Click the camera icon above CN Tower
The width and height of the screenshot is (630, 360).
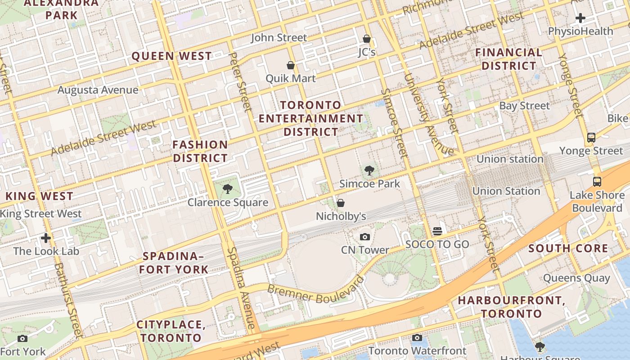coord(365,237)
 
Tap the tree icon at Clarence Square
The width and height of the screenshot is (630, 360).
coord(228,189)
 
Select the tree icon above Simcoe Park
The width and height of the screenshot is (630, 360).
coord(369,171)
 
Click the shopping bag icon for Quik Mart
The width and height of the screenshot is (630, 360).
coord(291,65)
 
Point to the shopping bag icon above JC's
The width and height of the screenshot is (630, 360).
coord(367,39)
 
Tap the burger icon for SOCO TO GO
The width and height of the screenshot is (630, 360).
coord(437,231)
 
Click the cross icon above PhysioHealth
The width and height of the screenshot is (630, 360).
coord(580,18)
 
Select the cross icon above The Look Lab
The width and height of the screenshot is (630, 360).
coord(46,238)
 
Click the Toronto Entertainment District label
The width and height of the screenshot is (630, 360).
coord(310,118)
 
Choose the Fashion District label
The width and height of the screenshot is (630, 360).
coord(200,151)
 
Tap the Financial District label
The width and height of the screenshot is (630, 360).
coord(509,59)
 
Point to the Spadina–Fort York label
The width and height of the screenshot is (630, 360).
coord(173,263)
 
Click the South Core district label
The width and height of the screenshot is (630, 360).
coord(568,248)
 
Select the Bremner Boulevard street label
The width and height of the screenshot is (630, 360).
coord(315,290)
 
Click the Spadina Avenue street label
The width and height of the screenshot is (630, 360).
coord(242,288)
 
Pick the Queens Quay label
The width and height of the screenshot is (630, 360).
coord(576,278)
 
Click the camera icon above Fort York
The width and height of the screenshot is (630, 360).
coord(22,338)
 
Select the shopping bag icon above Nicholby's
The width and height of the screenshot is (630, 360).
coord(341,203)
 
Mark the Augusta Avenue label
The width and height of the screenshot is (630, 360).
coord(98,90)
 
